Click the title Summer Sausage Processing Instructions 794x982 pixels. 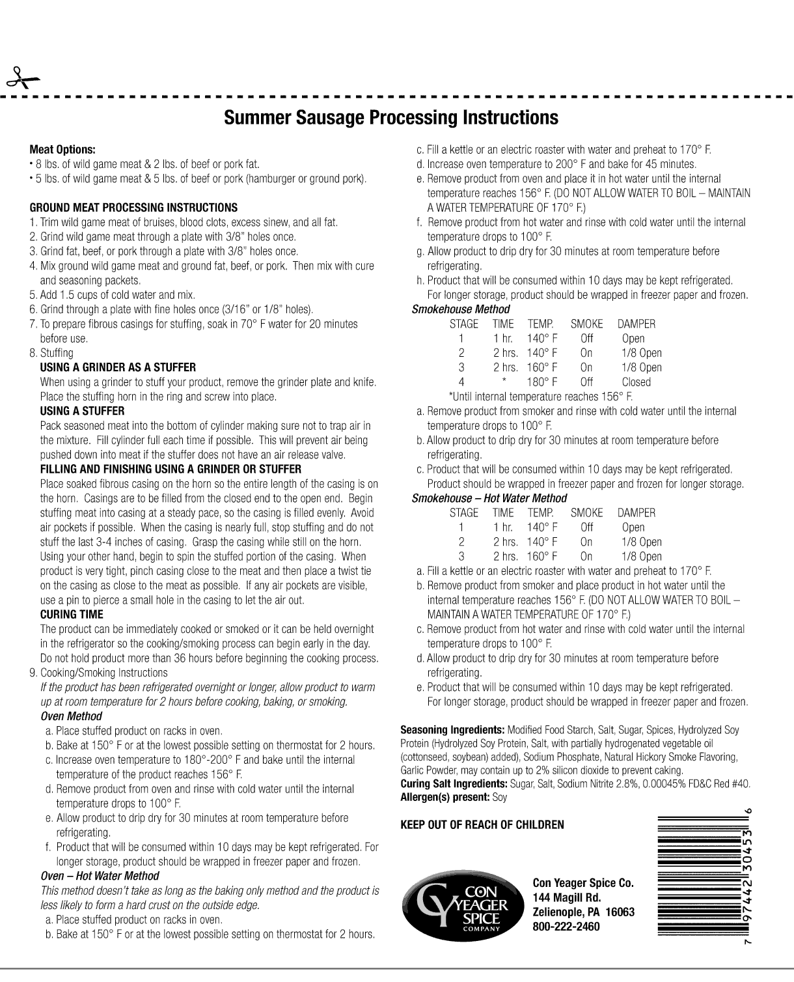point(390,118)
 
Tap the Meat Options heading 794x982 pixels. point(62,150)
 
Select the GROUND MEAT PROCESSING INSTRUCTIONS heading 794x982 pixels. point(133,208)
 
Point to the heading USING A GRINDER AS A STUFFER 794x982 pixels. point(118,367)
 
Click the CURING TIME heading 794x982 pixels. point(72,614)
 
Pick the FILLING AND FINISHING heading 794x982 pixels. point(171,469)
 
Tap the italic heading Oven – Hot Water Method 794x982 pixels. point(100,876)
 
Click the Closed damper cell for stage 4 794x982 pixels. point(636,382)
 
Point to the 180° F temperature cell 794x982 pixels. point(542,382)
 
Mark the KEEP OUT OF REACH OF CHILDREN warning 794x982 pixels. point(482,825)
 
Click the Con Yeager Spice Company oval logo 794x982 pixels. point(463,905)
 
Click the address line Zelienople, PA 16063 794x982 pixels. point(583,912)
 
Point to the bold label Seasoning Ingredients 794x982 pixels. point(452,730)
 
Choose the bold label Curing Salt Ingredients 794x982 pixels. point(454,783)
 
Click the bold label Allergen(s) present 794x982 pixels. point(445,797)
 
